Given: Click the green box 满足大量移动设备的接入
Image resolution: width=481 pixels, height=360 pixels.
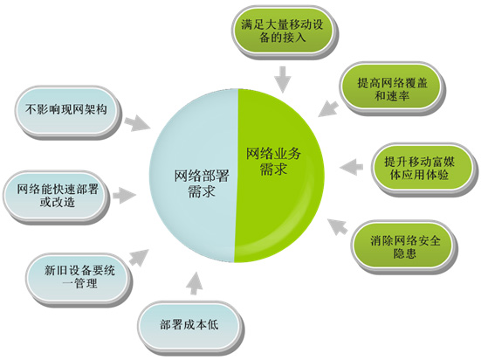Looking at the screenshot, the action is coord(282,31).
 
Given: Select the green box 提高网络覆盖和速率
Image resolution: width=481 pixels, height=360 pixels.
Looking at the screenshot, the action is coord(392,88).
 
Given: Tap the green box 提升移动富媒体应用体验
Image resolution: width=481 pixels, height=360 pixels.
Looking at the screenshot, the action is coord(424,168).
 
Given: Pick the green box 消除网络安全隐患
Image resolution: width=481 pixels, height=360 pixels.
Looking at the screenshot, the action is coord(404,246).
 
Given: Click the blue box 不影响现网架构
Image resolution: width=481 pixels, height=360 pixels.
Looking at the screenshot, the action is coord(67,111).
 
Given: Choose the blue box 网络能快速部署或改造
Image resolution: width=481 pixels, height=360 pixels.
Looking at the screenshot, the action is coord(57,196).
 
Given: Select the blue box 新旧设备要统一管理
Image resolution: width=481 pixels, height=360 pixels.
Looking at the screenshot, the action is coord(78,277).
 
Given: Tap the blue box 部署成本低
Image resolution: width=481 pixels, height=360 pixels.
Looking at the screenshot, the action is coord(189,326).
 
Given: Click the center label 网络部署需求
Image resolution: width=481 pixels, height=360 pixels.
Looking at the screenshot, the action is coord(202,183).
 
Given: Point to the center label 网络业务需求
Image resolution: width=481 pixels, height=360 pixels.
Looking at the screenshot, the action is coord(273,161).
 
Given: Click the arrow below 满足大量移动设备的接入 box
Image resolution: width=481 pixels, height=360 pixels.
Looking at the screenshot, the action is coord(282,80).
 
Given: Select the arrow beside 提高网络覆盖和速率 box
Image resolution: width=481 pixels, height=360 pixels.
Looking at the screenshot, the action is coord(328,108).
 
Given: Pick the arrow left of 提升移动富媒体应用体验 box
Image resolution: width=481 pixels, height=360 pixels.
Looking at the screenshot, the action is coord(351,167).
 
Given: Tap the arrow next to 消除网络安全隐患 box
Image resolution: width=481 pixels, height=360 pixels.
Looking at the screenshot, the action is coord(338,226).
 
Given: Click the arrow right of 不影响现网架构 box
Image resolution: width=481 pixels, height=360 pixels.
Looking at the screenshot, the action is coord(137,123).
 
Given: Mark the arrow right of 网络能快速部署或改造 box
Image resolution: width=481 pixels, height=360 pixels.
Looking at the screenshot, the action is coord(124,196).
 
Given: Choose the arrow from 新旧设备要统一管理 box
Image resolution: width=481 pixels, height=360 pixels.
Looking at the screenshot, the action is coord(139,258).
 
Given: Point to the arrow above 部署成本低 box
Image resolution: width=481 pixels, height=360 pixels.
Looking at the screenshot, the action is coord(195,283).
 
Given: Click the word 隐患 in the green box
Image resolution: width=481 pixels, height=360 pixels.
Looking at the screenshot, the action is coord(405,253).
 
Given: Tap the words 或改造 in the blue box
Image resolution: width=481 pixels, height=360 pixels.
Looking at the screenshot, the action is coord(58,203).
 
